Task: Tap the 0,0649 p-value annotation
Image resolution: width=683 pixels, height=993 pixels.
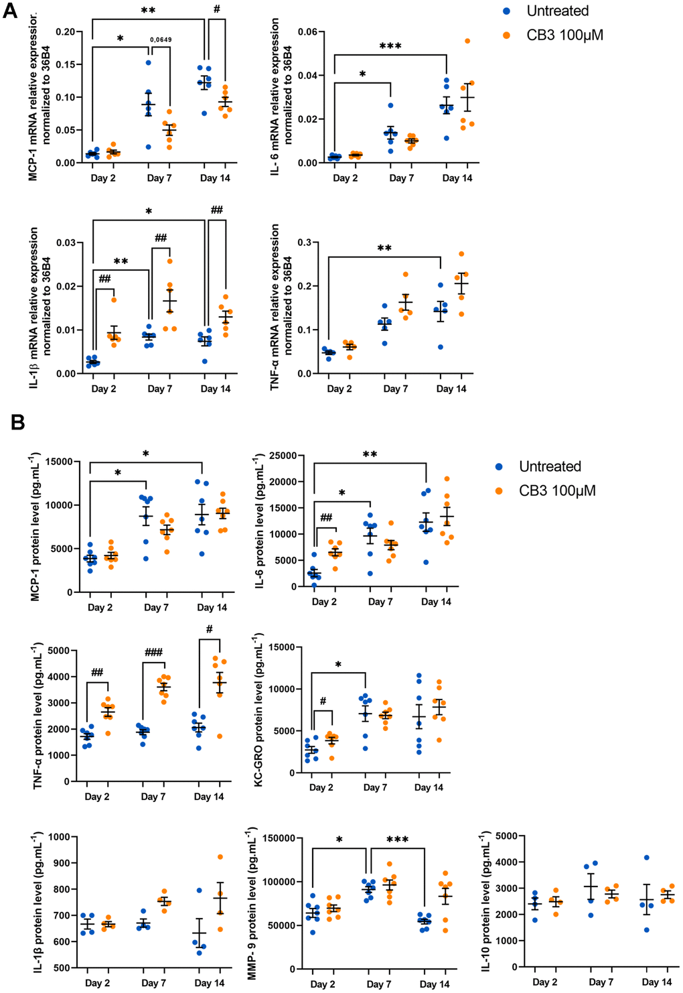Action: tap(161, 40)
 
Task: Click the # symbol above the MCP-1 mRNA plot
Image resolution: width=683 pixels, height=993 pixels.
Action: tap(217, 9)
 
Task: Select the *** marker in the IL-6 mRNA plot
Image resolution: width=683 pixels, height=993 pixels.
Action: tap(390, 46)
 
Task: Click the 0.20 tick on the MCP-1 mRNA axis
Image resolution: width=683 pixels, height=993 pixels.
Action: tap(65, 32)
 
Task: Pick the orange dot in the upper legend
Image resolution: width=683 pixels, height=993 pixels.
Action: tap(506, 35)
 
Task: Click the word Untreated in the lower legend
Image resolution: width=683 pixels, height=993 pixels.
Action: tap(550, 466)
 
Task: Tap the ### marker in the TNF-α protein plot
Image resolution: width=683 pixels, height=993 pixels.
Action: tap(153, 653)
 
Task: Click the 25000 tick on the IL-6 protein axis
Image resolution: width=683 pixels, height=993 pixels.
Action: tap(283, 456)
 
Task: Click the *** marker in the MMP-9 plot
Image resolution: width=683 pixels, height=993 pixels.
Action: tap(397, 840)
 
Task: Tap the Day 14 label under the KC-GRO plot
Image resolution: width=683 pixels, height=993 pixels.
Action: tap(429, 787)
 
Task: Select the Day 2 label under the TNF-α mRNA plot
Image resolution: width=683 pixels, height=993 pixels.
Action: tap(339, 389)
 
